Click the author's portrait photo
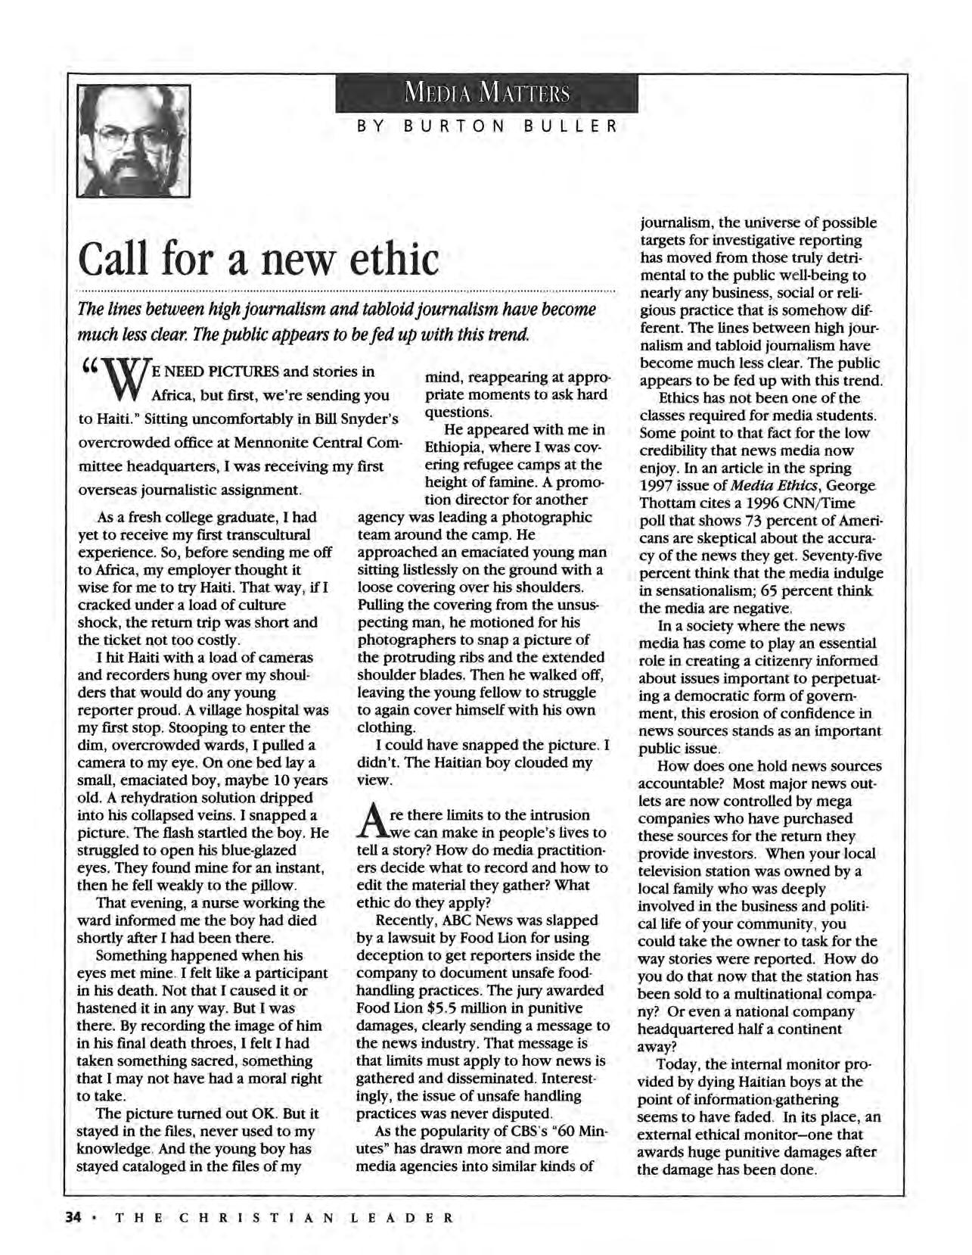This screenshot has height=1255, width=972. [x=133, y=140]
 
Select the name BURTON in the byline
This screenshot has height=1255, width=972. [x=453, y=125]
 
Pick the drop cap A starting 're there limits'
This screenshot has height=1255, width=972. [x=366, y=824]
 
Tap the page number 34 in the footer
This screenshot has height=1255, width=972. [x=72, y=1218]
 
